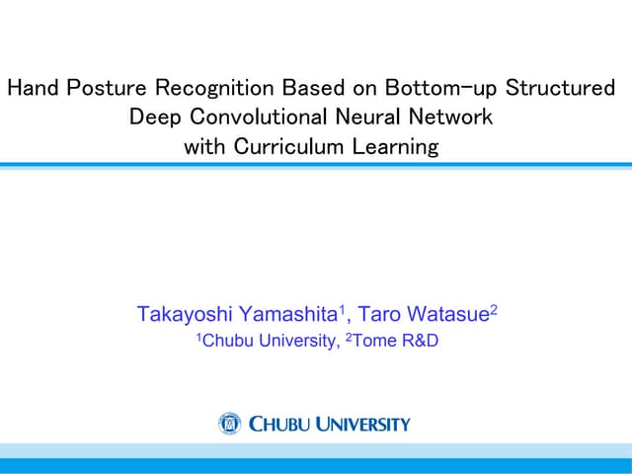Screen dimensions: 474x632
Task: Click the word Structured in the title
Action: coord(560,88)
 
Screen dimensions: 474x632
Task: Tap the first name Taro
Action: coord(379,316)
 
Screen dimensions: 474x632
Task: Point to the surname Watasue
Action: coord(446,316)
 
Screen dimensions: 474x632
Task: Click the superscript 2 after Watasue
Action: coord(494,310)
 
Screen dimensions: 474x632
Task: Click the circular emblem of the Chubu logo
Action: coord(229,424)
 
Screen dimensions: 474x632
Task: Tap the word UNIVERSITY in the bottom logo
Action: coord(358,425)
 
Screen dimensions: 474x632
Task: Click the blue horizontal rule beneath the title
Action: coord(316,165)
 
